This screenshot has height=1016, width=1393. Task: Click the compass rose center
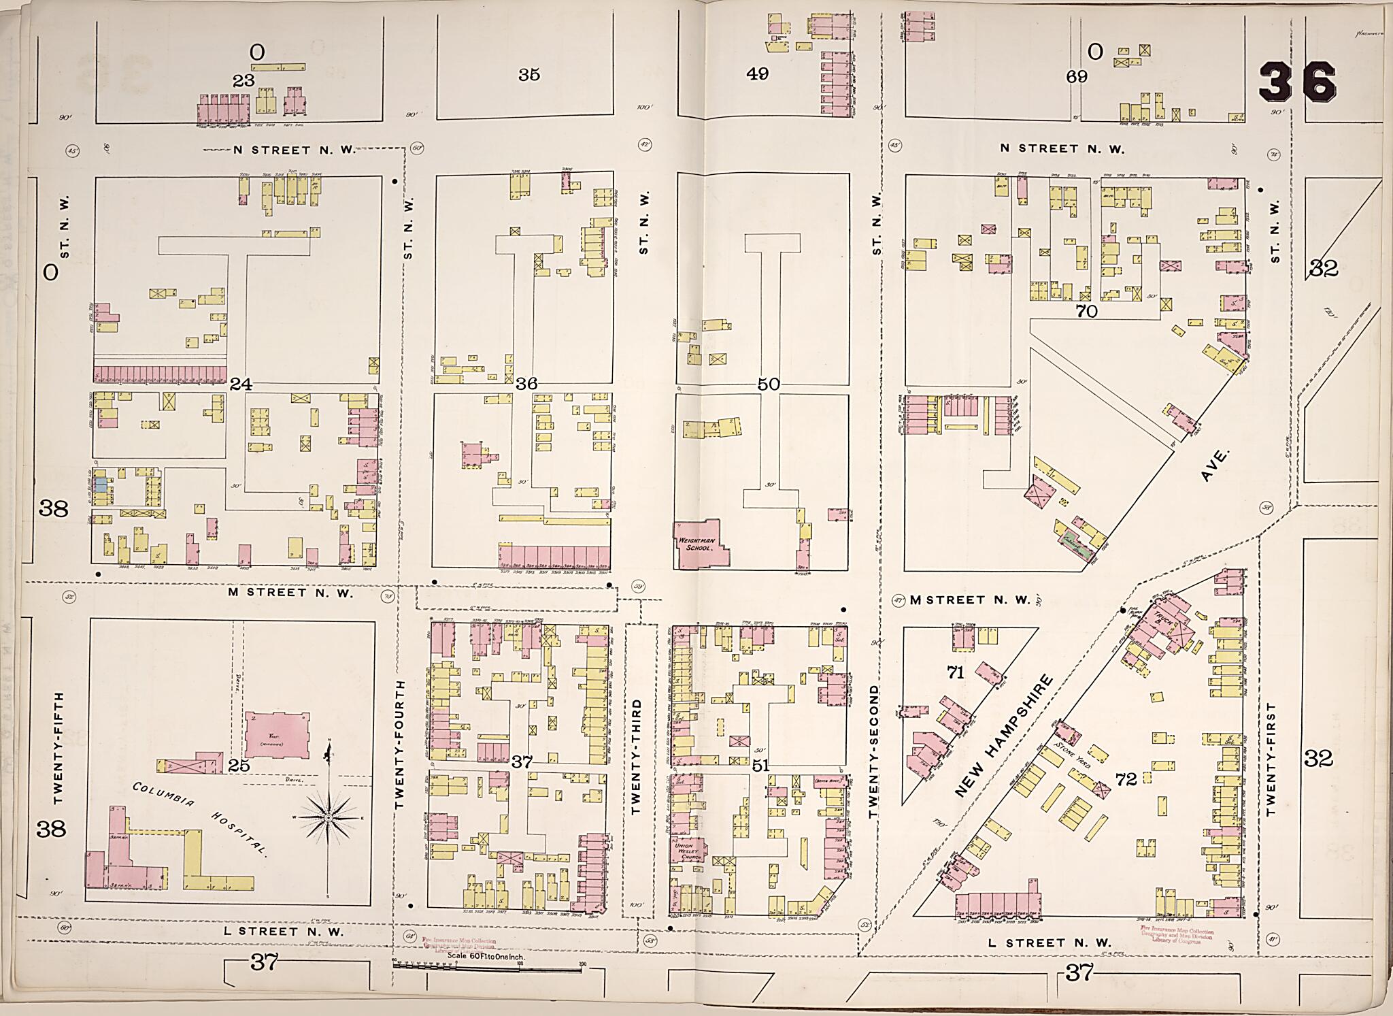pyautogui.click(x=329, y=817)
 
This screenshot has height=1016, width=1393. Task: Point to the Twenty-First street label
pyautogui.click(x=1270, y=759)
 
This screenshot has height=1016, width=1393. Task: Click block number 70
pyautogui.click(x=1087, y=312)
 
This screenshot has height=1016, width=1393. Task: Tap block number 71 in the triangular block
pyautogui.click(x=956, y=672)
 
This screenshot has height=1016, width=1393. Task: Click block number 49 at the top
pyautogui.click(x=757, y=74)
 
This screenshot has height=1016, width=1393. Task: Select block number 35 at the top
pyautogui.click(x=528, y=75)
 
